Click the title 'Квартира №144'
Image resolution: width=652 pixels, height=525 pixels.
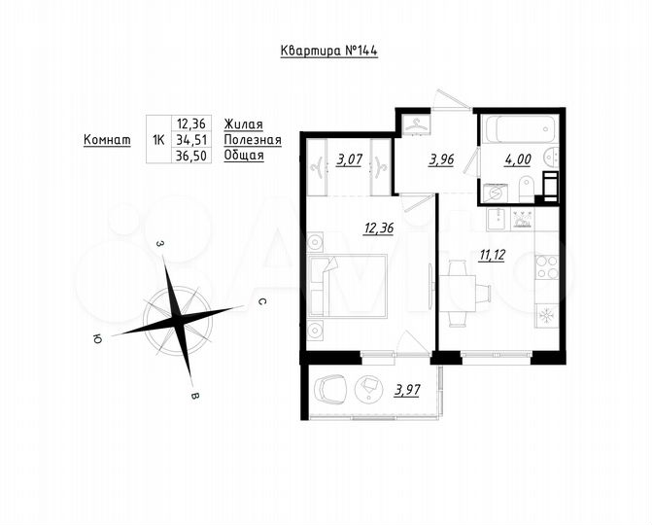pos(328,51)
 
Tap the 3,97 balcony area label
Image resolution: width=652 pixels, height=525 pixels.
pos(409,391)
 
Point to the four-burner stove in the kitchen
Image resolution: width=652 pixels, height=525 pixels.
pos(547,265)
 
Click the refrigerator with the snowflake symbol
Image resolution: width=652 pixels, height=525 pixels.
pos(546,316)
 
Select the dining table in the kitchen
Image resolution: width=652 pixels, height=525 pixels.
pos(463,290)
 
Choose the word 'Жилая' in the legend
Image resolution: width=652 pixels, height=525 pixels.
pos(243,123)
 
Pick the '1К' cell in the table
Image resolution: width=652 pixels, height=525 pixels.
pos(158,140)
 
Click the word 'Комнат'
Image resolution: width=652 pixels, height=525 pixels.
pos(107,140)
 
